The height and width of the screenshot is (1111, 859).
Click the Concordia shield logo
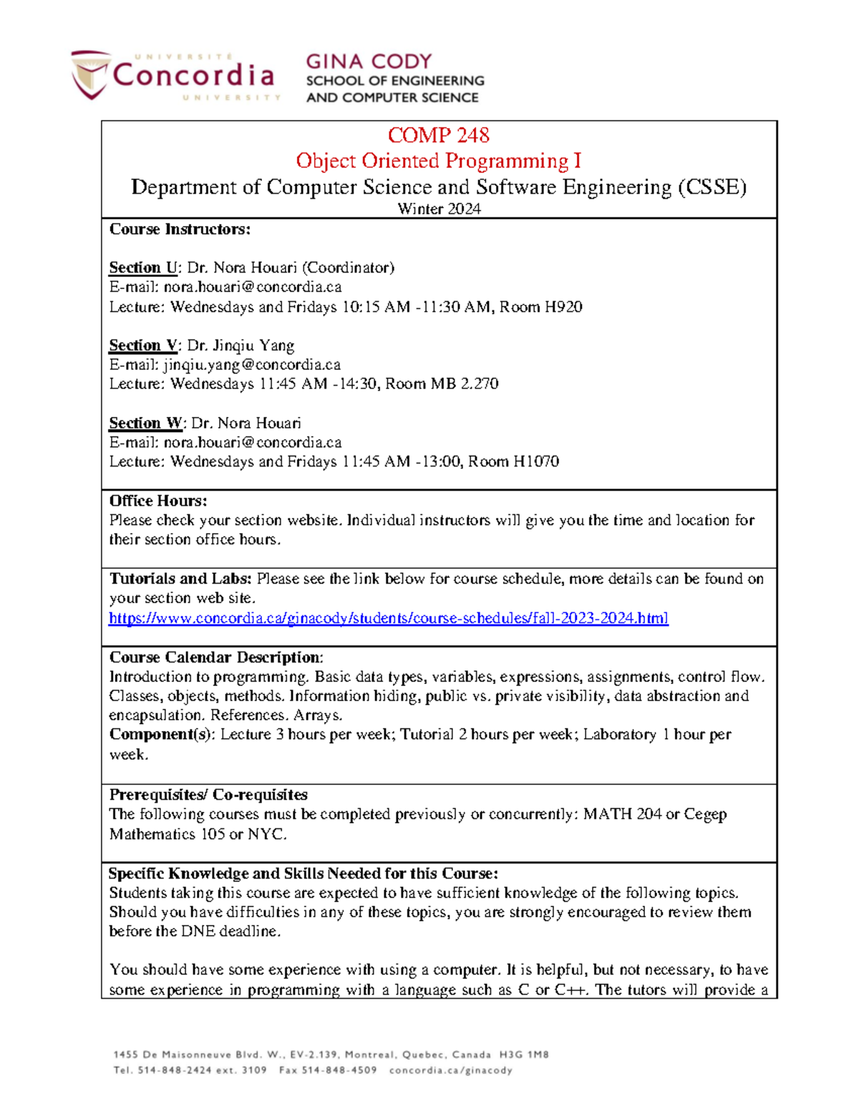90,74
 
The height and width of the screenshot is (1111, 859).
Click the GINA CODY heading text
369,62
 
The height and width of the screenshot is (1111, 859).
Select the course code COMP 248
438,135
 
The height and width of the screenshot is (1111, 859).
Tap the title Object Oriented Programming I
438,161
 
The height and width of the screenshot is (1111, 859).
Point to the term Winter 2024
439,209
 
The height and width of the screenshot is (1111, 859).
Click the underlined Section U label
142,268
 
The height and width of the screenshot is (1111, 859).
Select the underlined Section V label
142,346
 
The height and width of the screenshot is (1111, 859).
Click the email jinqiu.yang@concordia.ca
252,365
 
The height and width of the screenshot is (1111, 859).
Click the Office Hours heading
157,501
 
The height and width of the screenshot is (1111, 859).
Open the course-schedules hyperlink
388,618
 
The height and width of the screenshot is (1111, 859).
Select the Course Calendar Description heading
215,657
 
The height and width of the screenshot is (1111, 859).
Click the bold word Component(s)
161,735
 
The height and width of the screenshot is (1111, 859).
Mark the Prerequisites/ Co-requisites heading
208,795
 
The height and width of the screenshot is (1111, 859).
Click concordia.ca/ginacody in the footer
450,1070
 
